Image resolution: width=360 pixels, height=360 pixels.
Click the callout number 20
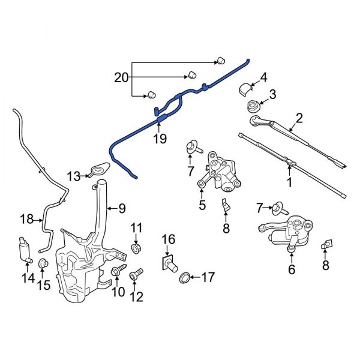coord(122,77)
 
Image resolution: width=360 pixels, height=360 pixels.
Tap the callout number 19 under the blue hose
coord(158,139)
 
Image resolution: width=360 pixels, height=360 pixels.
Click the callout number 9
coord(121,209)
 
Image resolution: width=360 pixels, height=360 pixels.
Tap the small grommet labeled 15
coord(43,264)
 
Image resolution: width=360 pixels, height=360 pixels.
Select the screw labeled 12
coord(135,274)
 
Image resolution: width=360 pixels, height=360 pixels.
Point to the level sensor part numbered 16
coord(169,262)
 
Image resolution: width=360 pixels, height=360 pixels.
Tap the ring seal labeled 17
coord(186,277)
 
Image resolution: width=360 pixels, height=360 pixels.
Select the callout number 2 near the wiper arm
coord(298,118)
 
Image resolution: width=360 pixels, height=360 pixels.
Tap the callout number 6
coord(292,270)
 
